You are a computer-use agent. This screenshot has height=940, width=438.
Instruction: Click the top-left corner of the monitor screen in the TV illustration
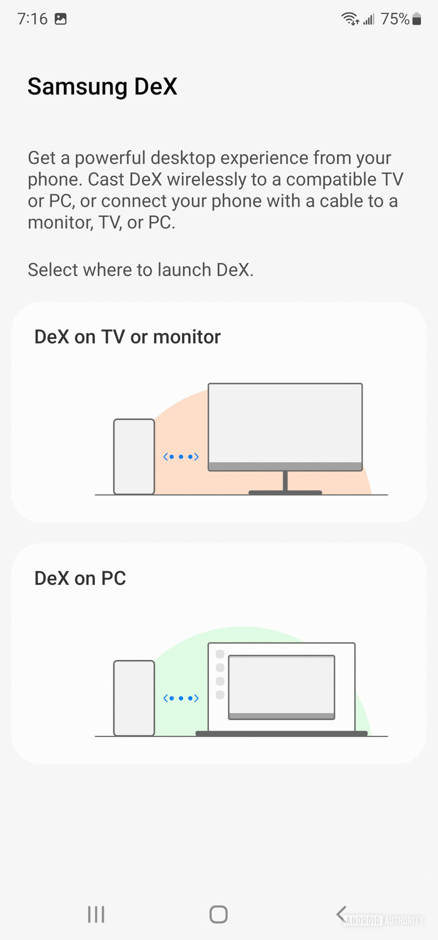pyautogui.click(x=208, y=384)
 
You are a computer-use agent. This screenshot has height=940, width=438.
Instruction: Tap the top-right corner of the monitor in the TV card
pyautogui.click(x=362, y=384)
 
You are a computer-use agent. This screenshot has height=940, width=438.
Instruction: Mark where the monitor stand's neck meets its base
pyautogui.click(x=285, y=491)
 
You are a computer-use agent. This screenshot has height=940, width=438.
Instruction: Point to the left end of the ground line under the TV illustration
pyautogui.click(x=95, y=495)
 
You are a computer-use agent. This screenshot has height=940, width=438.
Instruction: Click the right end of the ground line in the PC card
pyautogui.click(x=388, y=736)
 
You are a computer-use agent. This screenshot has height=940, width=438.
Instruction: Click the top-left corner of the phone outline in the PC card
pyautogui.click(x=115, y=661)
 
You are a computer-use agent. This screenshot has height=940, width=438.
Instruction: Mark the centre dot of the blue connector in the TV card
pyautogui.click(x=181, y=457)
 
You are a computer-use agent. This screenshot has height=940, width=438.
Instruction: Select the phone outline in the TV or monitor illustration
pyautogui.click(x=134, y=457)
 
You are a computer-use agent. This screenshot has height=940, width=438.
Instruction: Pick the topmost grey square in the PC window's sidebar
pyautogui.click(x=220, y=654)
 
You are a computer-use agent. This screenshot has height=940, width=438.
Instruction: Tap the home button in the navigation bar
pyautogui.click(x=219, y=914)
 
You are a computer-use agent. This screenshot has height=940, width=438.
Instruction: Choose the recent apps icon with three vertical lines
pyautogui.click(x=96, y=914)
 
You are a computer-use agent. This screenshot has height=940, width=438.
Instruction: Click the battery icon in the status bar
pyautogui.click(x=416, y=19)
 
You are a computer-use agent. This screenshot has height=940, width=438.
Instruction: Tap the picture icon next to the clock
pyautogui.click(x=61, y=19)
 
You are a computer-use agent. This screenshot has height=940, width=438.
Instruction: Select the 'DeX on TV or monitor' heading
pyautogui.click(x=127, y=337)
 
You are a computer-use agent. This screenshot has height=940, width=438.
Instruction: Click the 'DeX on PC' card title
pyautogui.click(x=80, y=578)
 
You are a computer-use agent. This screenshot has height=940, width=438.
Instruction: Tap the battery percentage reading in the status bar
pyautogui.click(x=395, y=19)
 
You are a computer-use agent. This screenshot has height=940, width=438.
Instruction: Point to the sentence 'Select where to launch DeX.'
pyautogui.click(x=140, y=270)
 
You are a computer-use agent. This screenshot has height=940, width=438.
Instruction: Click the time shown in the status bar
pyautogui.click(x=32, y=19)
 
